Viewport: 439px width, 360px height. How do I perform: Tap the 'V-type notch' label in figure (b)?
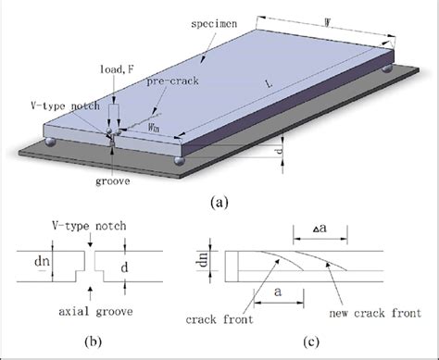click(94, 225)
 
